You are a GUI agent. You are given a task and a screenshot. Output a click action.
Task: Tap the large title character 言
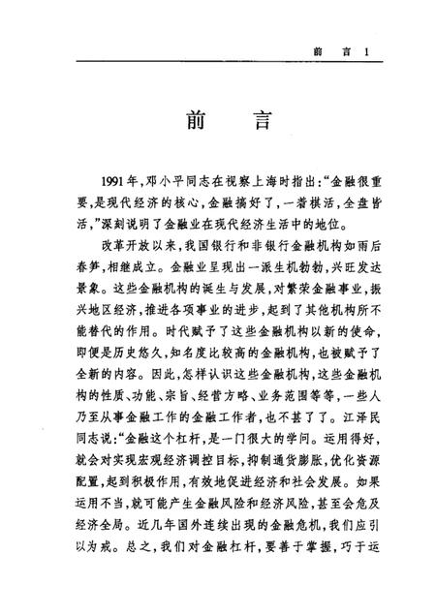tap(254, 124)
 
